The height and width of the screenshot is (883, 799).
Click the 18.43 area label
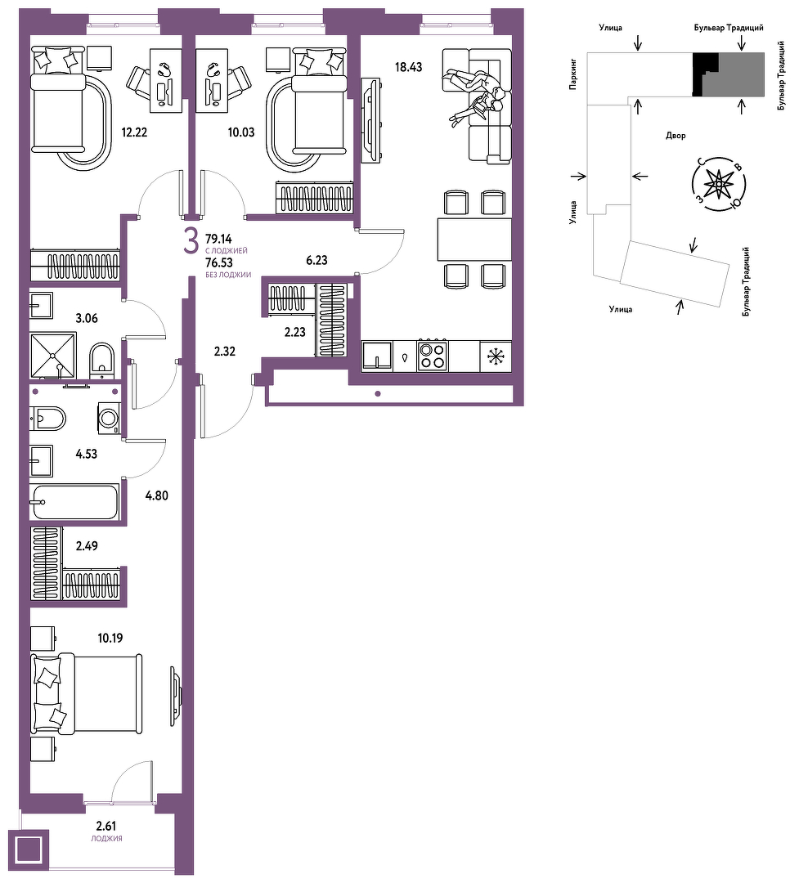pos(409,68)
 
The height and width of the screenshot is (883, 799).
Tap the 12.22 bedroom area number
pos(134,132)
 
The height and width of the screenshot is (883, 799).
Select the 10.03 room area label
pos(241,132)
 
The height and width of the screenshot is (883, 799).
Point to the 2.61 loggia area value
pos(106,826)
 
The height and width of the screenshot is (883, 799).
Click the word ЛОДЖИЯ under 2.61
pos(106,839)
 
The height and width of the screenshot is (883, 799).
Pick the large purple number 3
pos(191,241)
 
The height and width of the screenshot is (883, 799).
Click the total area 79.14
pos(218,239)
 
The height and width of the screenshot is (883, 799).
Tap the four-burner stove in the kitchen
pos(432,356)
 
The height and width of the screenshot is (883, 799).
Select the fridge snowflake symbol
pos(496,356)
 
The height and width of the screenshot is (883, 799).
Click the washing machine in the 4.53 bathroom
pos(109,418)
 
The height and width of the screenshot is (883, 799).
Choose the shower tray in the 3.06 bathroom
pos(53,356)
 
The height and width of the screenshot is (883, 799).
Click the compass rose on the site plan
pos(719,183)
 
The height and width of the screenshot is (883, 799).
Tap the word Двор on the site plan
pos(676,136)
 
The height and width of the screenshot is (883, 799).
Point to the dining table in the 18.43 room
pos(474,240)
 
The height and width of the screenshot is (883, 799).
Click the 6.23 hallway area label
pos(316,260)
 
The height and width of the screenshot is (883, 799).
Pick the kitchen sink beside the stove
pos(377,356)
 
